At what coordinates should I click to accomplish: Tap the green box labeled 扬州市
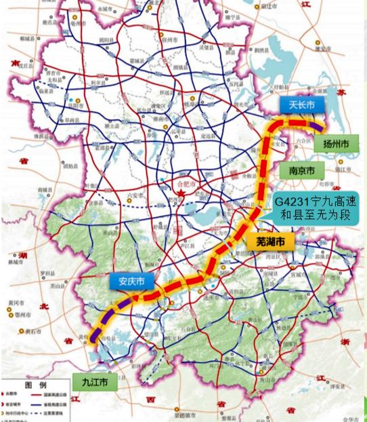click(x=336, y=144)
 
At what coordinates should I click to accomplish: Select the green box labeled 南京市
click(x=301, y=171)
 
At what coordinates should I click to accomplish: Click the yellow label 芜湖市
click(x=270, y=242)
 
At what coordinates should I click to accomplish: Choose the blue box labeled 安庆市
click(x=131, y=282)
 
